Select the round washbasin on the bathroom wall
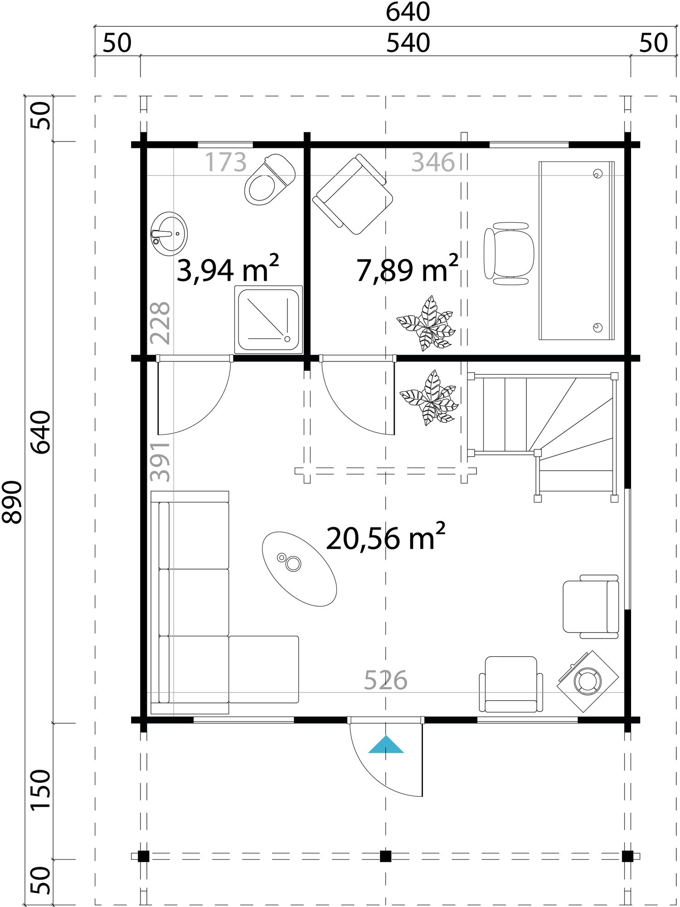[x=169, y=231]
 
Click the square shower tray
[x=268, y=319]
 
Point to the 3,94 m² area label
[x=227, y=270]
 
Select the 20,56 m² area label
[x=385, y=538]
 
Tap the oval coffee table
[x=299, y=569]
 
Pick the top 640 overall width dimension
[x=408, y=12]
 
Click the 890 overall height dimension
[x=12, y=502]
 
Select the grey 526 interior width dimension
[x=385, y=680]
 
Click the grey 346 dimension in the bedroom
[x=432, y=162]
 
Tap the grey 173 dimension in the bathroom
[x=225, y=162]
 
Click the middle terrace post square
[x=385, y=856]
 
